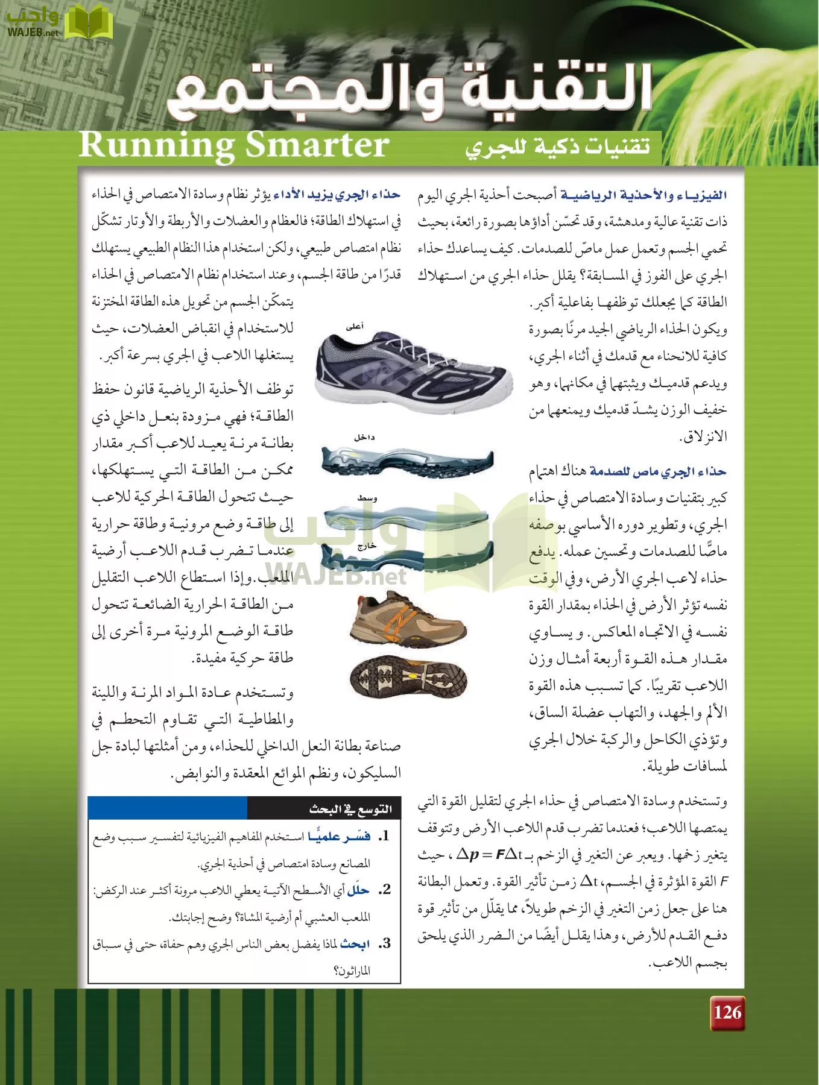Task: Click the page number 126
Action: tap(727, 1012)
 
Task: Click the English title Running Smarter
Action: tap(234, 145)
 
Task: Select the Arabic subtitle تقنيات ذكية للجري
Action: tap(558, 146)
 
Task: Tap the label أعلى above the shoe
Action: tap(355, 327)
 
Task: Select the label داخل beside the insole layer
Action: tap(364, 438)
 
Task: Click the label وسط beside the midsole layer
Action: tap(367, 498)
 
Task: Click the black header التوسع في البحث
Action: tap(350, 809)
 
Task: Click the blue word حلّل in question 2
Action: tap(358, 890)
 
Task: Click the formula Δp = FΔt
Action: tap(489, 855)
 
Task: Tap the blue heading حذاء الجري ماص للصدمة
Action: tap(658, 472)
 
